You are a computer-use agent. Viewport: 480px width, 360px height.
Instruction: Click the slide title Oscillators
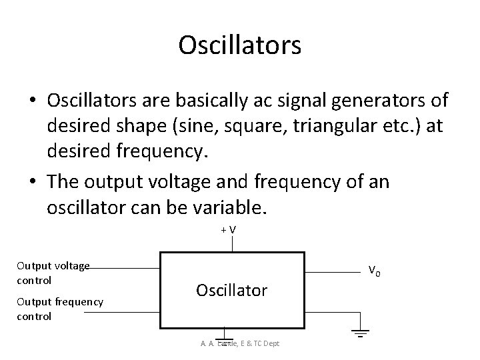click(x=240, y=45)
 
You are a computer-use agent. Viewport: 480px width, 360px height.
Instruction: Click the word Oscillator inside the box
click(x=231, y=290)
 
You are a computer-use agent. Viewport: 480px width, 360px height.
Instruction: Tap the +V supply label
click(x=231, y=230)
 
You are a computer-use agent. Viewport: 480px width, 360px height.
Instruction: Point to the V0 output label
click(x=375, y=271)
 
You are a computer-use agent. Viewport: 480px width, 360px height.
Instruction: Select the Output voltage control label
click(x=53, y=273)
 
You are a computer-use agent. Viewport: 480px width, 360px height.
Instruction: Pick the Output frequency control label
click(x=60, y=309)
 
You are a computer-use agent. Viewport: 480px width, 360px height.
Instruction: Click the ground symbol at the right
click(x=360, y=331)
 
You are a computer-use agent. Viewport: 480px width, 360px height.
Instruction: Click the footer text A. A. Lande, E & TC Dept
click(x=239, y=343)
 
